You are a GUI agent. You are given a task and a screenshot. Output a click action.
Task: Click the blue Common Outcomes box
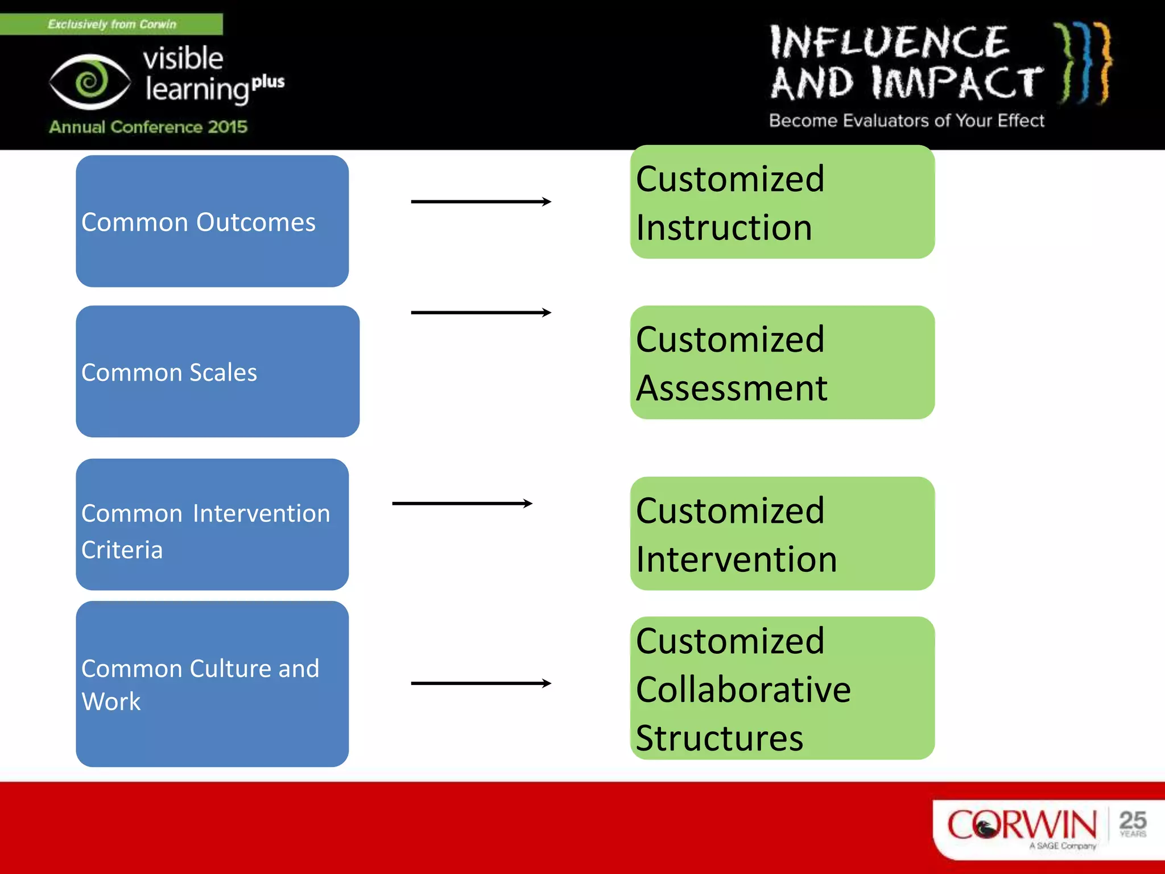coord(212,221)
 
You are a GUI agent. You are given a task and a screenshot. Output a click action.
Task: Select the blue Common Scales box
coord(217,372)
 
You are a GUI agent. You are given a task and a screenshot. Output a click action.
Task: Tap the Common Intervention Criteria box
coord(212,525)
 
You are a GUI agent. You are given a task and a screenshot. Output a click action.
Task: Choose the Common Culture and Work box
coord(212,684)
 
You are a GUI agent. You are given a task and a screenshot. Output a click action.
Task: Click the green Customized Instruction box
coord(782,202)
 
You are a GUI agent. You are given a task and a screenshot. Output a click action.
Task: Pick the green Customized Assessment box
coord(782,362)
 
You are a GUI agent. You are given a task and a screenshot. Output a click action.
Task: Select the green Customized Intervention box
coord(782,534)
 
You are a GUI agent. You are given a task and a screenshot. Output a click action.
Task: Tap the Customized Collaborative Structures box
coord(782,688)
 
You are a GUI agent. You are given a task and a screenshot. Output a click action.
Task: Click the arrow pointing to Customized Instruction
coord(481,201)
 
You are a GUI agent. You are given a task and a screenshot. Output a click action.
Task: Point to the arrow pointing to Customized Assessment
coord(481,312)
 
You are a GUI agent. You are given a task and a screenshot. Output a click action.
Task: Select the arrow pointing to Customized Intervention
coord(462,503)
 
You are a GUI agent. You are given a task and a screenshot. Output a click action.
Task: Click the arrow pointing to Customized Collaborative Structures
coord(481,683)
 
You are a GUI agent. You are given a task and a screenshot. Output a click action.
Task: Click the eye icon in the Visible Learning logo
coord(89,82)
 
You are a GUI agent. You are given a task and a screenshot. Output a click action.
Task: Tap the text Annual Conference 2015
coord(148,126)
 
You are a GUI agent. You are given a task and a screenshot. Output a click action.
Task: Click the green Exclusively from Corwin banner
coord(111,24)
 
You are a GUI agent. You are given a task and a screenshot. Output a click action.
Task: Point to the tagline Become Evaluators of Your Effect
coord(907,121)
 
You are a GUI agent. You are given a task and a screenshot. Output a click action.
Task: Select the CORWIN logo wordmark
coord(1022,824)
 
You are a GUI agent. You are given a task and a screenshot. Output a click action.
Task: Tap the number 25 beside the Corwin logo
coord(1133,821)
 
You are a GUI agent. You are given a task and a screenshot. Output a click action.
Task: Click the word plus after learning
coord(268,82)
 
